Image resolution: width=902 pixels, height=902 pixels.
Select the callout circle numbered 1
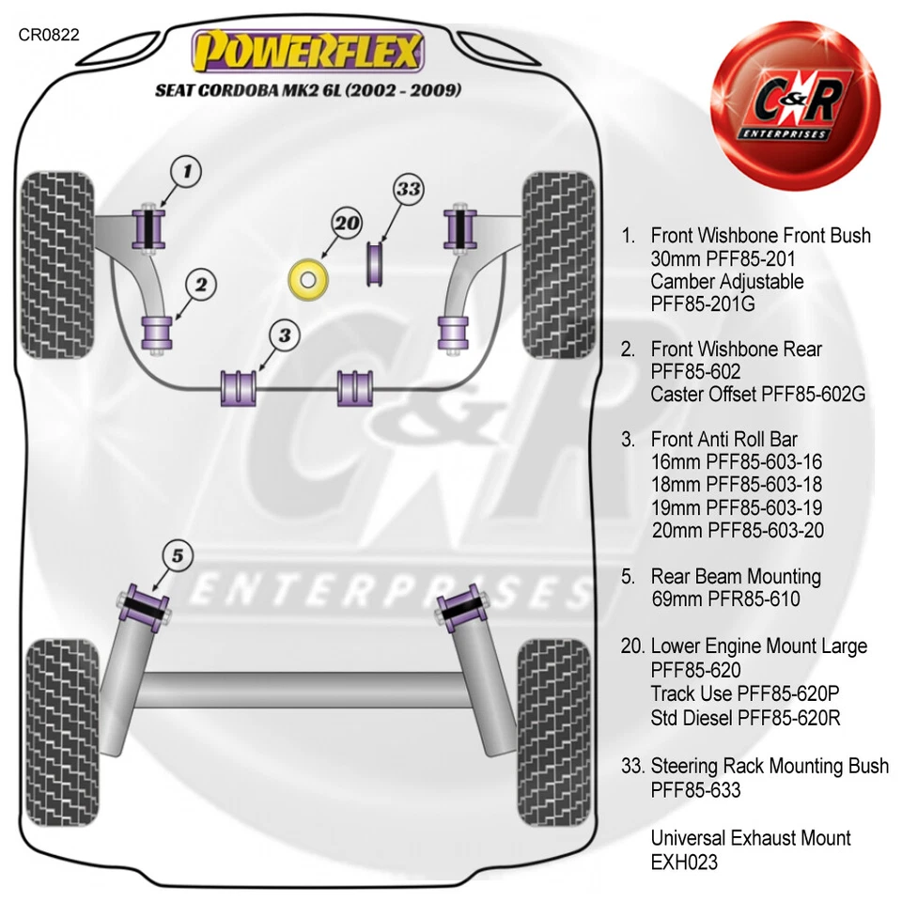click(186, 171)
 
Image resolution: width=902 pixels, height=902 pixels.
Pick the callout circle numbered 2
click(200, 283)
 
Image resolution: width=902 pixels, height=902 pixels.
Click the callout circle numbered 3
click(285, 334)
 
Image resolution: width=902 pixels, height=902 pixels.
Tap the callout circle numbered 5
click(178, 556)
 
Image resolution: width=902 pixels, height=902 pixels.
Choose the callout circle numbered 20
click(347, 224)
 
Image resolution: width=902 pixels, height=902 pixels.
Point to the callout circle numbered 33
click(408, 190)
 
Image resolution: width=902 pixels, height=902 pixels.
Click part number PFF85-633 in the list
click(695, 790)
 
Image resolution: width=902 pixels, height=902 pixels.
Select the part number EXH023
click(684, 862)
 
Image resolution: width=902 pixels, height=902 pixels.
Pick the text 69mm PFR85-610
click(725, 599)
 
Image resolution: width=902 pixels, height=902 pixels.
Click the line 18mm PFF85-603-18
click(737, 485)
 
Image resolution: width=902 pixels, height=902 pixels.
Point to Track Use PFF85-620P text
click(744, 693)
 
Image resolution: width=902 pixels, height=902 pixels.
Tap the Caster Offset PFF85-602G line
click(757, 395)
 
